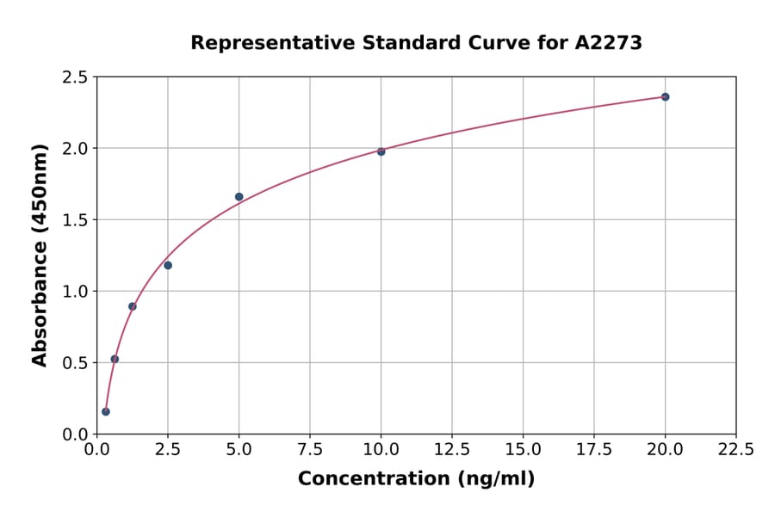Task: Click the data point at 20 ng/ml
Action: [x=665, y=96]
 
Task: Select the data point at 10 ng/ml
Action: [x=381, y=151]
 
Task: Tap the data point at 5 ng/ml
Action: [x=239, y=197]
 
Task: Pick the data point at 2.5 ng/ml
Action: [x=168, y=265]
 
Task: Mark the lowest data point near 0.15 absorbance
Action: [x=106, y=411]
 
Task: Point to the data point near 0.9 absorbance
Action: [x=133, y=306]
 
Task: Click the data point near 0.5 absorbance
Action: [x=115, y=359]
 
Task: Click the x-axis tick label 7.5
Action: [x=310, y=450]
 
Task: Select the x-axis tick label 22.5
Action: [x=735, y=450]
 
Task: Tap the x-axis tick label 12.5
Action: [x=452, y=450]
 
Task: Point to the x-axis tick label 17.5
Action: [x=593, y=450]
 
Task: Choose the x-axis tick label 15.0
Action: [x=523, y=450]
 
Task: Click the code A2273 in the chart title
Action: [x=608, y=43]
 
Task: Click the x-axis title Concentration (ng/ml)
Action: [x=416, y=479]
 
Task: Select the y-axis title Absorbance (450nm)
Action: [x=40, y=255]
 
